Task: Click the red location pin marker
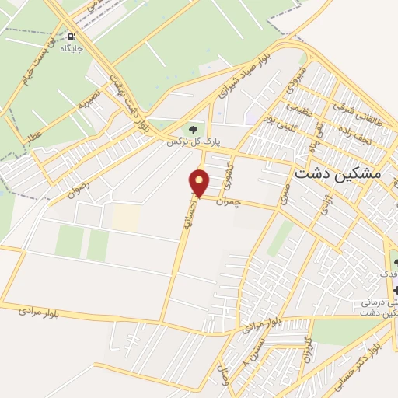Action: [x=200, y=183]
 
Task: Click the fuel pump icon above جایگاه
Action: [x=72, y=37]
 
